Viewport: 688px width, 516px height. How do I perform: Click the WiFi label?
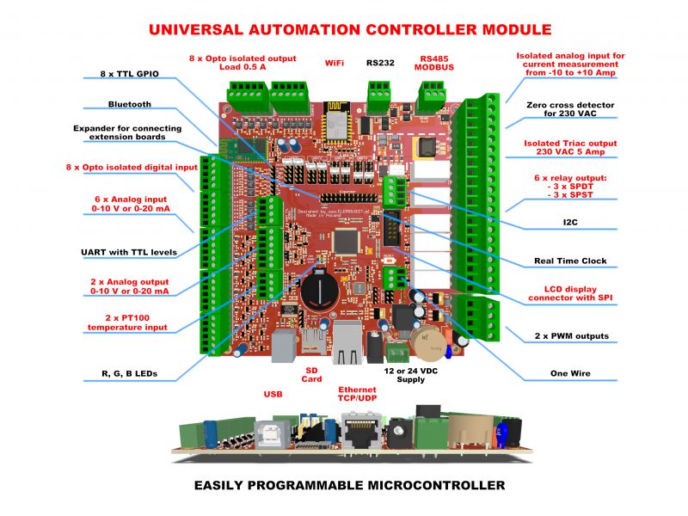click(335, 63)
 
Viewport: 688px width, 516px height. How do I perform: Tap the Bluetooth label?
click(129, 104)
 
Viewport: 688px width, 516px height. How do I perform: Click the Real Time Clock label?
click(570, 261)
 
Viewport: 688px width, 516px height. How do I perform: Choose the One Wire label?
click(570, 373)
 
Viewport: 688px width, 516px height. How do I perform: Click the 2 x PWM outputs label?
click(570, 335)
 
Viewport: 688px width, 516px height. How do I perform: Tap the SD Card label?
click(313, 374)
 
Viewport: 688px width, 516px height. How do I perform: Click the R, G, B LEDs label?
click(130, 374)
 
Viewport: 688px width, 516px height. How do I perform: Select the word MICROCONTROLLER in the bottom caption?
click(412, 486)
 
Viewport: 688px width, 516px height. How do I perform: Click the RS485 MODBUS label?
click(433, 65)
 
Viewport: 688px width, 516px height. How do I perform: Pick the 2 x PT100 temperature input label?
click(129, 322)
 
